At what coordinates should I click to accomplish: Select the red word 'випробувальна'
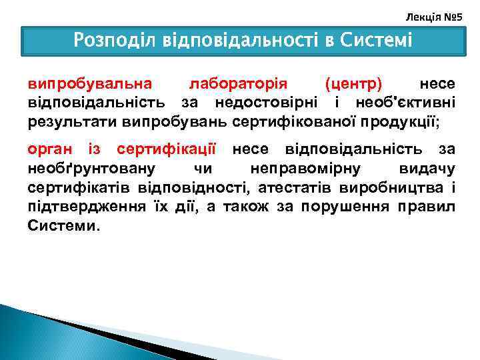[89, 85]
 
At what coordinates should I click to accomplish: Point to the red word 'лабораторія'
[238, 85]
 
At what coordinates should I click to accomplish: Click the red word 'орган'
[51, 147]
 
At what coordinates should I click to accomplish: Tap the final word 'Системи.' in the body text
[65, 225]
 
